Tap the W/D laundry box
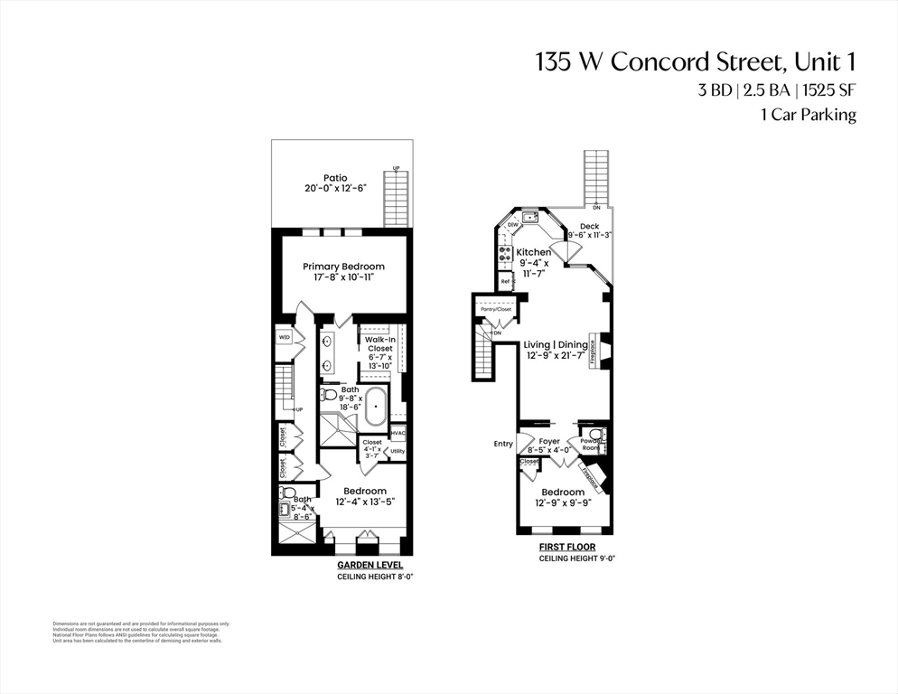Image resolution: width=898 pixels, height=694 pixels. point(285,337)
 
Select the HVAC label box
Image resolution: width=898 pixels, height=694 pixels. point(398,434)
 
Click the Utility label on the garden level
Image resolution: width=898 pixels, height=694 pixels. point(398,451)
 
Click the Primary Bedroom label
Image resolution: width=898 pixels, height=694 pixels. point(343,267)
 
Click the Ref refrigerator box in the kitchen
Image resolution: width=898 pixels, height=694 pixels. point(506,282)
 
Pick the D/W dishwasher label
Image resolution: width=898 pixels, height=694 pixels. point(512,224)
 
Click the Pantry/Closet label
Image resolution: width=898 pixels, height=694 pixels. point(495,309)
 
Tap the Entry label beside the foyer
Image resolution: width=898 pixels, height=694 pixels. point(503,444)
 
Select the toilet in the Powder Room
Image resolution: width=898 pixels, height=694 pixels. point(595,434)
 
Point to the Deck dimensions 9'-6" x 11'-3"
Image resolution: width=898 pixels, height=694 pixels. point(589,235)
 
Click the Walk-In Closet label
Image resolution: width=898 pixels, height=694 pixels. point(379,343)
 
